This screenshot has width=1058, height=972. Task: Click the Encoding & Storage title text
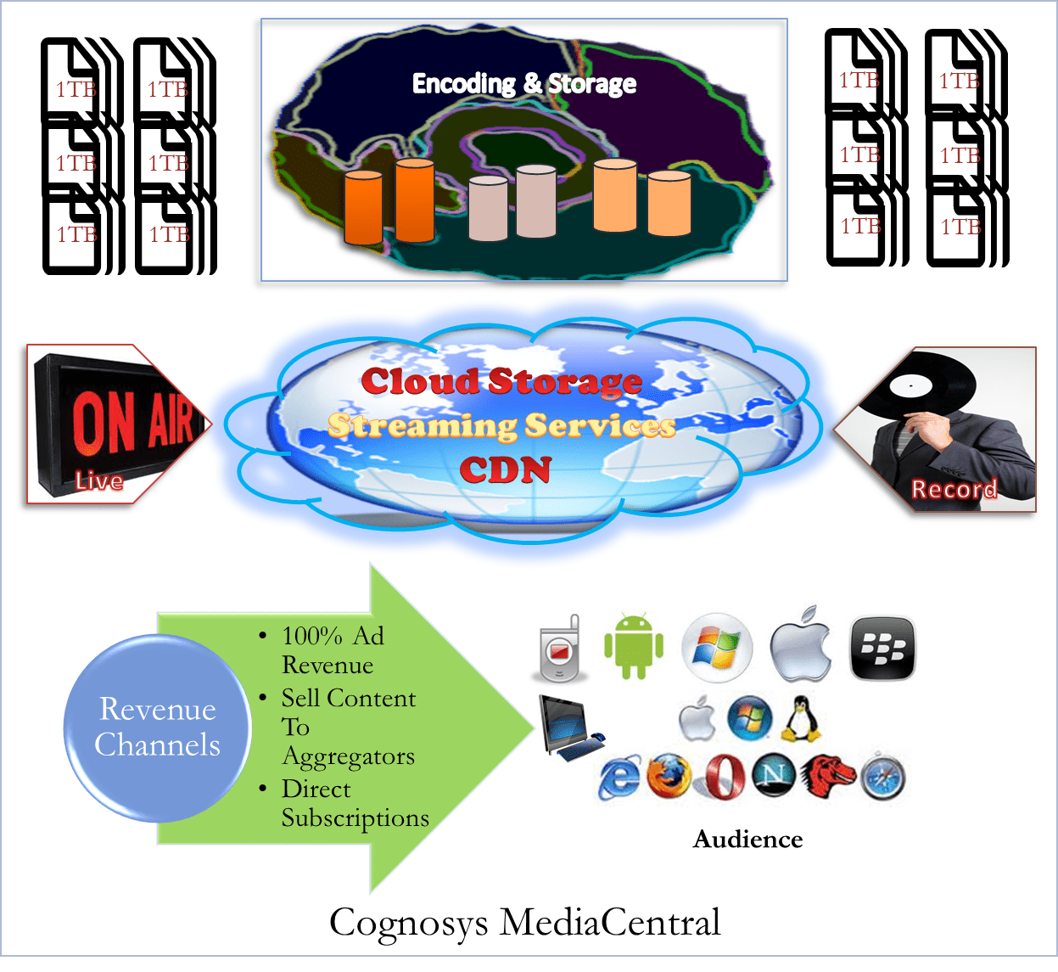(x=523, y=83)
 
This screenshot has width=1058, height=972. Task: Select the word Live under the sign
(x=99, y=481)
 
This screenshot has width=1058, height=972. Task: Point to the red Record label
(x=954, y=489)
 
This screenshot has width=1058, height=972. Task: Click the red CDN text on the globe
(x=506, y=469)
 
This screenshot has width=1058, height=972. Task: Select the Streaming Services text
(x=501, y=425)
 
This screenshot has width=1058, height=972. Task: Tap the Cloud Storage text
(x=501, y=382)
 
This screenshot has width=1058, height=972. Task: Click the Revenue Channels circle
(x=157, y=728)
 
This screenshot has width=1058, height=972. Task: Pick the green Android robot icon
(x=633, y=647)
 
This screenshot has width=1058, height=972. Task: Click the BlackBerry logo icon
(x=882, y=649)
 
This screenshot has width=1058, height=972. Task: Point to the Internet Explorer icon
(x=620, y=778)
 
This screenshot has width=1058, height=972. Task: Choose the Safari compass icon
(x=882, y=778)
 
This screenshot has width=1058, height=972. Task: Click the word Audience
(x=747, y=839)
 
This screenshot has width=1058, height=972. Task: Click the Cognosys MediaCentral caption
(x=525, y=922)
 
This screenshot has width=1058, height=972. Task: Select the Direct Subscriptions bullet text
(x=355, y=803)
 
